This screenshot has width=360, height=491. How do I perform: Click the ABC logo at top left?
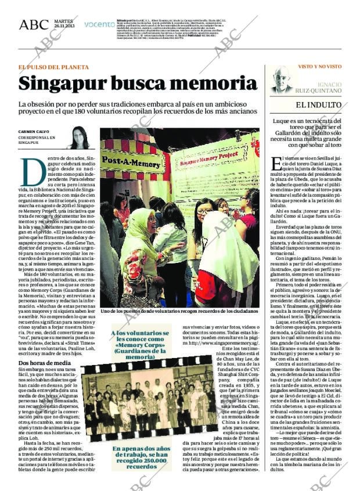(x=33, y=24)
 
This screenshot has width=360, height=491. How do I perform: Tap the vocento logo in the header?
(x=99, y=24)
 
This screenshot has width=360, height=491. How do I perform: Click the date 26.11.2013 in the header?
(x=61, y=27)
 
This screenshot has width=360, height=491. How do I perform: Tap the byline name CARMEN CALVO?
(x=33, y=131)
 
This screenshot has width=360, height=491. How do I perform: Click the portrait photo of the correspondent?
(x=78, y=138)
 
